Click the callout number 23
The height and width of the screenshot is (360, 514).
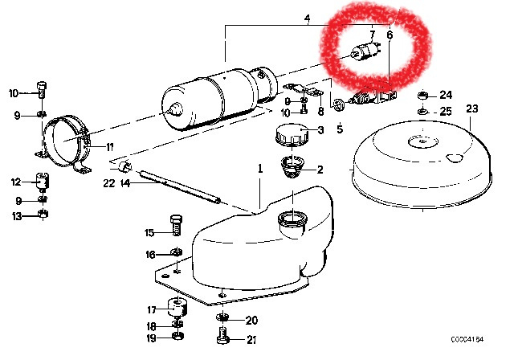(471, 108)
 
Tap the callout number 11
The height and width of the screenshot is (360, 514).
(109, 147)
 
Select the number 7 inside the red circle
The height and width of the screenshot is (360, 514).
(372, 35)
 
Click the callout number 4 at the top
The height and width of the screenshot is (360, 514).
(307, 19)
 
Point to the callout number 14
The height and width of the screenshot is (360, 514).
(125, 183)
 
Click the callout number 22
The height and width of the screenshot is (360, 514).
(109, 183)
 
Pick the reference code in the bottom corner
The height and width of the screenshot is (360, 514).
(467, 339)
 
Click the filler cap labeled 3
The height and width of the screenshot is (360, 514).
(292, 134)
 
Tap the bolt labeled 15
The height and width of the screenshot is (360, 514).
(176, 224)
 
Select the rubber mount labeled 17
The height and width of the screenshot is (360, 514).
(177, 307)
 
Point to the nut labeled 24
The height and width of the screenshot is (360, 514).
(423, 96)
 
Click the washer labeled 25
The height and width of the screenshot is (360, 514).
(423, 112)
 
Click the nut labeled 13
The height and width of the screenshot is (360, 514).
(43, 214)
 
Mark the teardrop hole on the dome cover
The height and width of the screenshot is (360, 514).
(455, 157)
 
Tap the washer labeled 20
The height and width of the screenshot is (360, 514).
(222, 317)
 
